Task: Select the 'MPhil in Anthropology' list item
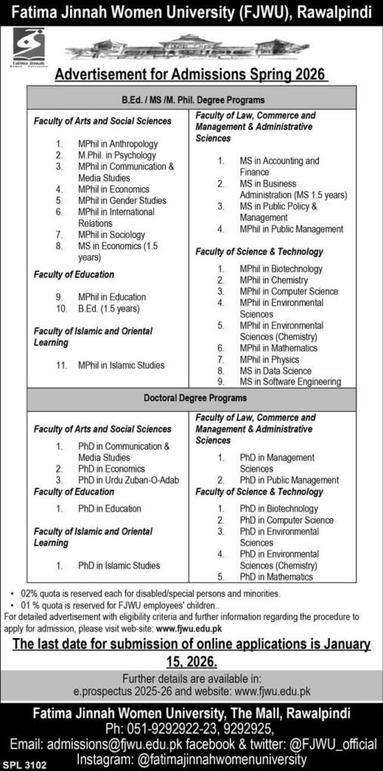[x=117, y=144]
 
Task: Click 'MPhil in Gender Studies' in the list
[x=122, y=201]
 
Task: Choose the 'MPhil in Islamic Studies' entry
[x=121, y=366]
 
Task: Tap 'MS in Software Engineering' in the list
[x=290, y=382]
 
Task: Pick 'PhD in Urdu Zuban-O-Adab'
[x=128, y=480]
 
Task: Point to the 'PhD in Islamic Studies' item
[x=118, y=565]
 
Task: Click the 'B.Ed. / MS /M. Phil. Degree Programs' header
[x=194, y=99]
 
